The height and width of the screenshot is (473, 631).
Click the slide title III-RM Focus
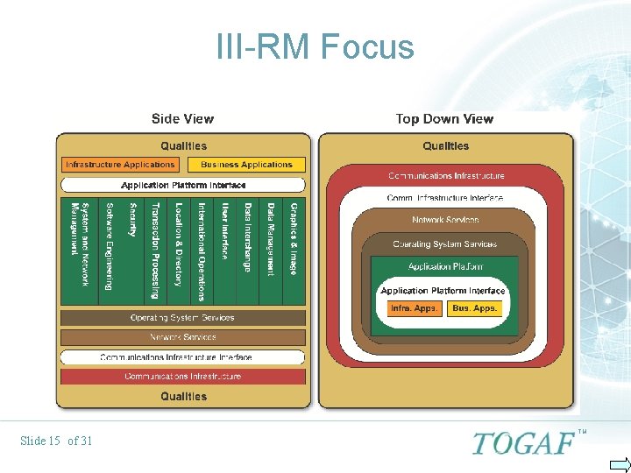tap(315, 46)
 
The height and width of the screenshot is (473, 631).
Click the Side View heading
tap(182, 119)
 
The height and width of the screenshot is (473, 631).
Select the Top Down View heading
tap(444, 119)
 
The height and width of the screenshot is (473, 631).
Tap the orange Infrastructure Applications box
tap(120, 165)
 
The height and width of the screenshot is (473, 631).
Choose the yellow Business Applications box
tap(246, 165)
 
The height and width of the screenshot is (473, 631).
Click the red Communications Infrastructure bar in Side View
tap(182, 377)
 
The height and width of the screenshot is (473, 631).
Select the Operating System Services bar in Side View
tap(182, 318)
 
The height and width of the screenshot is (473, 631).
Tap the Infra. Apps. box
tap(414, 308)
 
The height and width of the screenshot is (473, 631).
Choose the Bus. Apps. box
tap(474, 308)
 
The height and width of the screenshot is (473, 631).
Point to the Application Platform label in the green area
tap(445, 266)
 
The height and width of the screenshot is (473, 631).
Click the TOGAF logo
tap(524, 442)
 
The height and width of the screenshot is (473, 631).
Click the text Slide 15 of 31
tap(56, 441)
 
